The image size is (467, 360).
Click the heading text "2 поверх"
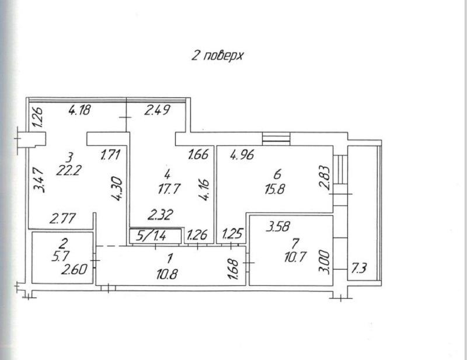[x=217, y=55]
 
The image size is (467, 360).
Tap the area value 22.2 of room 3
[x=69, y=171]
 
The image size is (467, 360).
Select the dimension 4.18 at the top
[x=79, y=110]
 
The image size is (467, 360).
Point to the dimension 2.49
[x=157, y=110]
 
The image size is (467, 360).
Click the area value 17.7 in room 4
[x=169, y=189]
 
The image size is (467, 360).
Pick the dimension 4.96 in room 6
[x=242, y=155]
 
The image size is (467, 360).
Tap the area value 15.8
[x=275, y=189]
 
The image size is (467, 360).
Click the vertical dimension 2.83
[x=325, y=178]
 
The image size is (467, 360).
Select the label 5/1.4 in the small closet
[x=151, y=236]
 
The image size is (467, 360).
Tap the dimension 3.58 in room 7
[x=278, y=226]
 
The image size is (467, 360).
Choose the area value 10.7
[x=295, y=257]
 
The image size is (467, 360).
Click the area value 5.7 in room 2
[x=61, y=256]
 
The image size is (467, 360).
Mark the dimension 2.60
[x=74, y=270]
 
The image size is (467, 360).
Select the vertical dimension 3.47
[x=39, y=180]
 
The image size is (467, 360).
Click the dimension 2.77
[x=62, y=219]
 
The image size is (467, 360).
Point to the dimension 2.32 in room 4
[x=161, y=215]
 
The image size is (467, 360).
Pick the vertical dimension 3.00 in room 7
[x=324, y=263]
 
